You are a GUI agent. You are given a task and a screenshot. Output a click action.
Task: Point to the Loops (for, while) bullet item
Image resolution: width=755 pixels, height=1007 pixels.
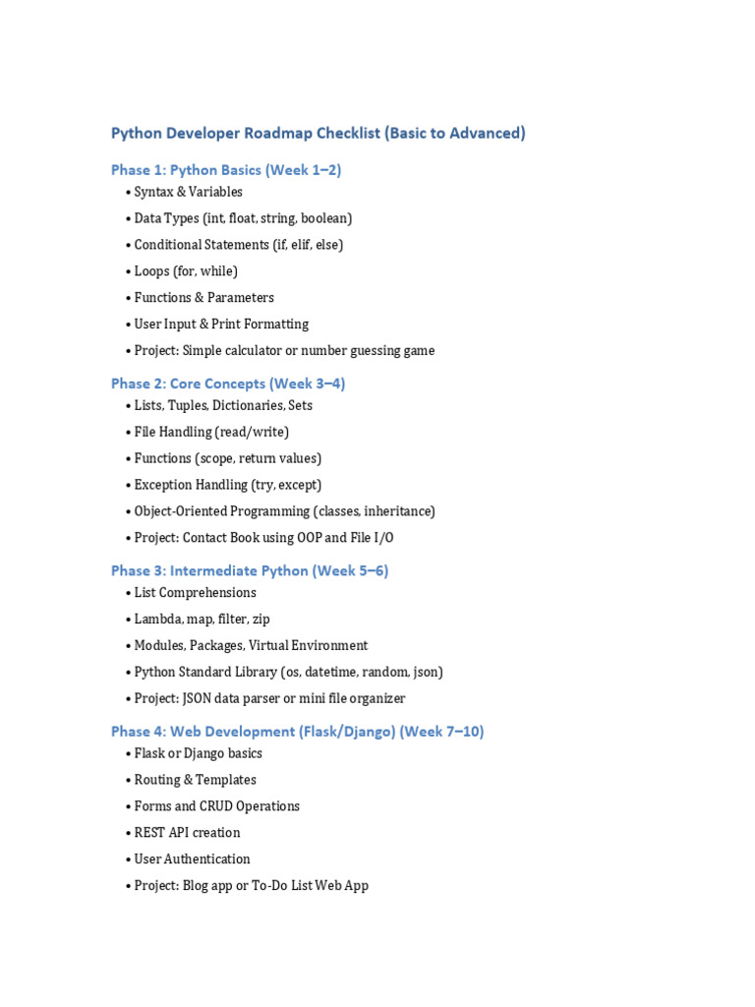(x=186, y=271)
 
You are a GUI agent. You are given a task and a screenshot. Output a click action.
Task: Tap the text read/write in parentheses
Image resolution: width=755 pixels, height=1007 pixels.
(x=254, y=432)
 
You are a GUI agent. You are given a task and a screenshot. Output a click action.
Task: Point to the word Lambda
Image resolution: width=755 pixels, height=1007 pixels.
(x=156, y=620)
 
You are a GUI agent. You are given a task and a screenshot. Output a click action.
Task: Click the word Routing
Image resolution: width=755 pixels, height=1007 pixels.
(x=157, y=780)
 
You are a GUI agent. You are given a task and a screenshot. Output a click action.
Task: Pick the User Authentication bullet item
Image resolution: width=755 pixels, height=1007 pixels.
(x=192, y=859)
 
